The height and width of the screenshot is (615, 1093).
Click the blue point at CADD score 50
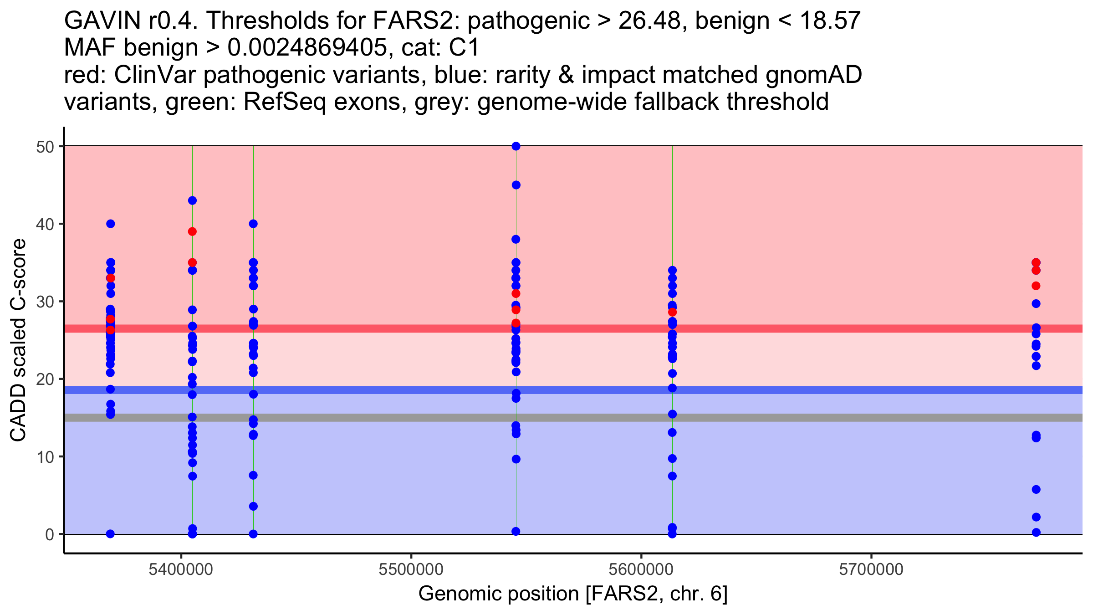[516, 146]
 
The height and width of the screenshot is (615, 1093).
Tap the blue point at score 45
[516, 185]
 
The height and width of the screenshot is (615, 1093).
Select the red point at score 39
[192, 231]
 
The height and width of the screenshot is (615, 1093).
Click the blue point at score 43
[192, 200]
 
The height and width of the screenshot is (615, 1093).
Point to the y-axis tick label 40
[44, 224]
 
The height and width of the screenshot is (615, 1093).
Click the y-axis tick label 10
[44, 457]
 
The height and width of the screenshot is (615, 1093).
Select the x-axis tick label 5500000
[411, 569]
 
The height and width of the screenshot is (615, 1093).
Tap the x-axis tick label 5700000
[871, 569]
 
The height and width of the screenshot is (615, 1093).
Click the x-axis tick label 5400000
[181, 569]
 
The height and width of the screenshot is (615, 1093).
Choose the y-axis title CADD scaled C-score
[18, 340]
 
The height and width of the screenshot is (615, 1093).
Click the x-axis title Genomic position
[573, 594]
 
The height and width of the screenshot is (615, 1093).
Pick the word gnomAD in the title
[813, 75]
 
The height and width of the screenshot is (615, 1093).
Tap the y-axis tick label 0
[49, 534]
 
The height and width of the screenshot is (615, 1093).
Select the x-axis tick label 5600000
[641, 569]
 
